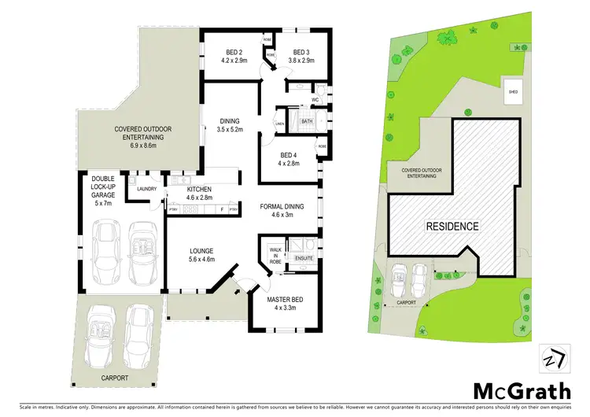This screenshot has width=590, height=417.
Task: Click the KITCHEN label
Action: pos(200,194)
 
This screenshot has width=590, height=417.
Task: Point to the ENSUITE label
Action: pos(303,256)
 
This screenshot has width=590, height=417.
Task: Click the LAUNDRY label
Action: pos(146,189)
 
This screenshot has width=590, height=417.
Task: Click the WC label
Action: pos(314,101)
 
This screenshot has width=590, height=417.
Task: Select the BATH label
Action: pos(306,121)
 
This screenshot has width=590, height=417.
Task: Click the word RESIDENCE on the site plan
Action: pos(452,227)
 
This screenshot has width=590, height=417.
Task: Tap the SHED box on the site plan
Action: pos(513,91)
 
